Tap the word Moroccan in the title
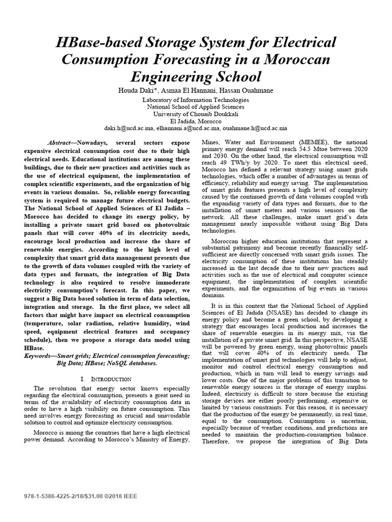coord(296,59)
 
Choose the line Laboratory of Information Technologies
coord(195,99)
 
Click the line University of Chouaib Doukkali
coord(195,114)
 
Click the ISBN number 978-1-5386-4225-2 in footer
coord(50,495)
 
